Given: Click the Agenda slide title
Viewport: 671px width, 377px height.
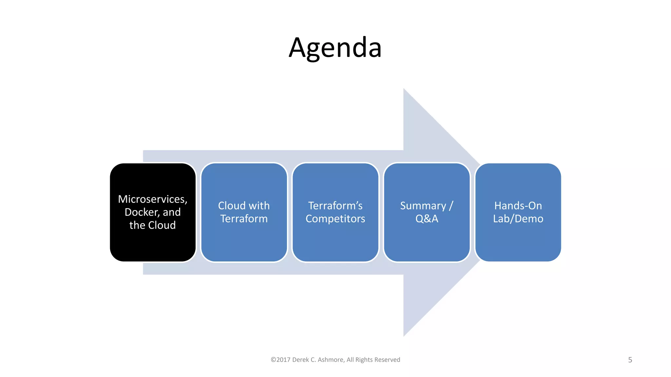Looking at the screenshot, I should click(x=335, y=48).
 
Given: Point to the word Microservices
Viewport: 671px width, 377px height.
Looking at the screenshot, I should click(x=152, y=199).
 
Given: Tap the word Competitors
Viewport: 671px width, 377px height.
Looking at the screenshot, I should click(x=335, y=219).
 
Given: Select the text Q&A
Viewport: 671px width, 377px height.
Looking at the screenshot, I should click(x=427, y=219).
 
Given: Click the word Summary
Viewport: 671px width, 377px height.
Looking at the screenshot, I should click(x=423, y=206).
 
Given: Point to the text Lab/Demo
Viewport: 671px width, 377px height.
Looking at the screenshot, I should click(x=518, y=219).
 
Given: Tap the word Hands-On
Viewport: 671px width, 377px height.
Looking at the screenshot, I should click(x=518, y=206).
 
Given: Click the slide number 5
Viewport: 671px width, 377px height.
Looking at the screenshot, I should click(x=630, y=360).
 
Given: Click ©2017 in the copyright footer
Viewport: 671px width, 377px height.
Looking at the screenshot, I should click(x=280, y=360).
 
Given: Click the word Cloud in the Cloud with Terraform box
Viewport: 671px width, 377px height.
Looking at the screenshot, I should click(x=232, y=206).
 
